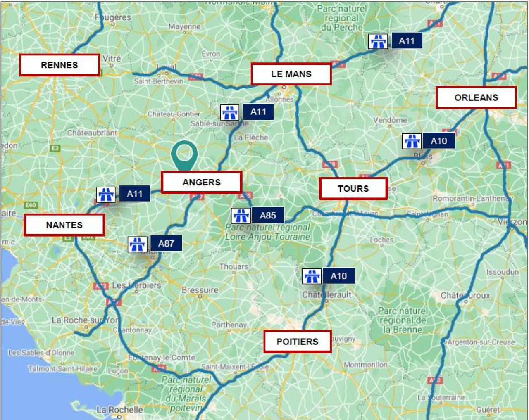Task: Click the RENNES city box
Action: (x=60, y=65)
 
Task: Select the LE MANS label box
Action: (x=291, y=74)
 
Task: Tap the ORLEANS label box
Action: (x=476, y=97)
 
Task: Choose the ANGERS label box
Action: (x=201, y=182)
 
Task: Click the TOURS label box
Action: (x=353, y=189)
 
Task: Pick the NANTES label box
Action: (x=64, y=225)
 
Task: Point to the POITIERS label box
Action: (x=297, y=342)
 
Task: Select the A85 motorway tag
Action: (x=268, y=215)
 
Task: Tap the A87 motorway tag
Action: (x=166, y=243)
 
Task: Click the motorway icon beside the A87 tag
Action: (x=137, y=244)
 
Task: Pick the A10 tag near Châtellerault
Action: (x=338, y=276)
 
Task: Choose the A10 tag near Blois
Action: (x=438, y=141)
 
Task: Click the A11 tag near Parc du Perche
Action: (x=407, y=41)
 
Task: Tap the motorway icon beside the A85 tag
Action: (x=241, y=216)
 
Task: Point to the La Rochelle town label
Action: (x=119, y=410)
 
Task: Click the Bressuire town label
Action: (x=200, y=290)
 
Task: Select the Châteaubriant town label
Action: (x=92, y=133)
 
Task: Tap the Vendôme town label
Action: (x=390, y=120)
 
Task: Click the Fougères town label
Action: (x=113, y=17)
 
